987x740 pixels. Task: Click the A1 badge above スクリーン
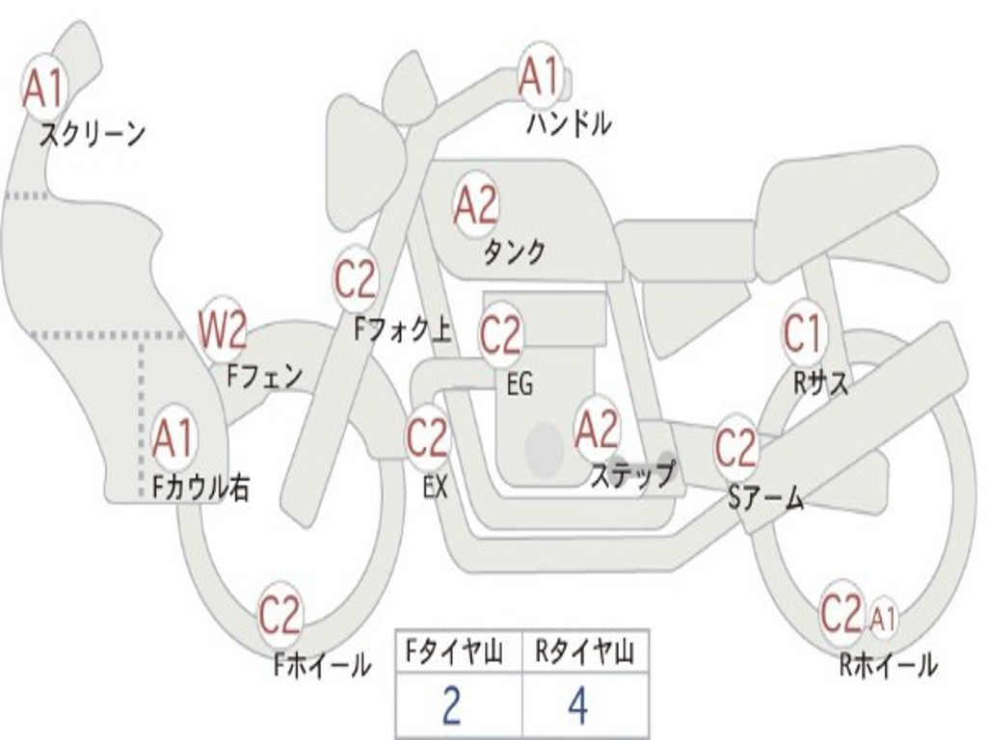click(43, 88)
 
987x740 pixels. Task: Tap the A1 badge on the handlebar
click(539, 76)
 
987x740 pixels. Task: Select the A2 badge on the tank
click(475, 205)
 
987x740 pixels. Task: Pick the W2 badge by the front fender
click(223, 330)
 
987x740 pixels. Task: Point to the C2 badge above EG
click(500, 335)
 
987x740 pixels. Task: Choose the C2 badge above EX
click(427, 439)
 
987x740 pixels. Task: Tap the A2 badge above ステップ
click(597, 430)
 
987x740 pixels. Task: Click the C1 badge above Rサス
click(803, 334)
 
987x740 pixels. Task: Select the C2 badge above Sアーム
click(737, 447)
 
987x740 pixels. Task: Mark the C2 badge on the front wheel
click(280, 615)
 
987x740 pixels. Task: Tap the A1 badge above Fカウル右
click(173, 439)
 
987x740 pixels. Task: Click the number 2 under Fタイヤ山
click(451, 706)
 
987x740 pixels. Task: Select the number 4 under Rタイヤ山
click(576, 706)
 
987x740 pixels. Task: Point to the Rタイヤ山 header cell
click(584, 653)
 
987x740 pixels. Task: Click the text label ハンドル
click(570, 123)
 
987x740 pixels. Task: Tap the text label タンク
click(514, 252)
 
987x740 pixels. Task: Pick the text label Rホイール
click(888, 665)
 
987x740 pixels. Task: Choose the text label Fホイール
click(322, 665)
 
